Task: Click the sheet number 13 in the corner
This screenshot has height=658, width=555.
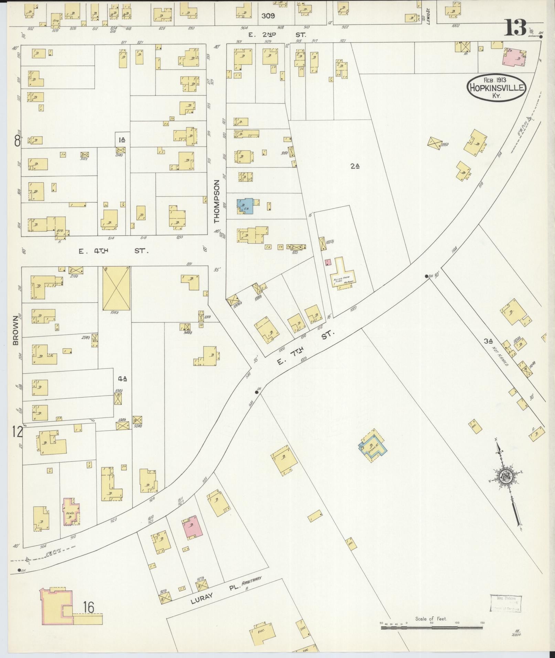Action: tap(515, 28)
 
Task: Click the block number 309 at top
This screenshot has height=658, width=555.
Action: tap(268, 15)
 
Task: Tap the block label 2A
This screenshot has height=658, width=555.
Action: tap(355, 166)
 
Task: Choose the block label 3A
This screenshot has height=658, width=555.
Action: tap(488, 341)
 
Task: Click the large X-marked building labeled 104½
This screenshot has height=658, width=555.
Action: tap(116, 288)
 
